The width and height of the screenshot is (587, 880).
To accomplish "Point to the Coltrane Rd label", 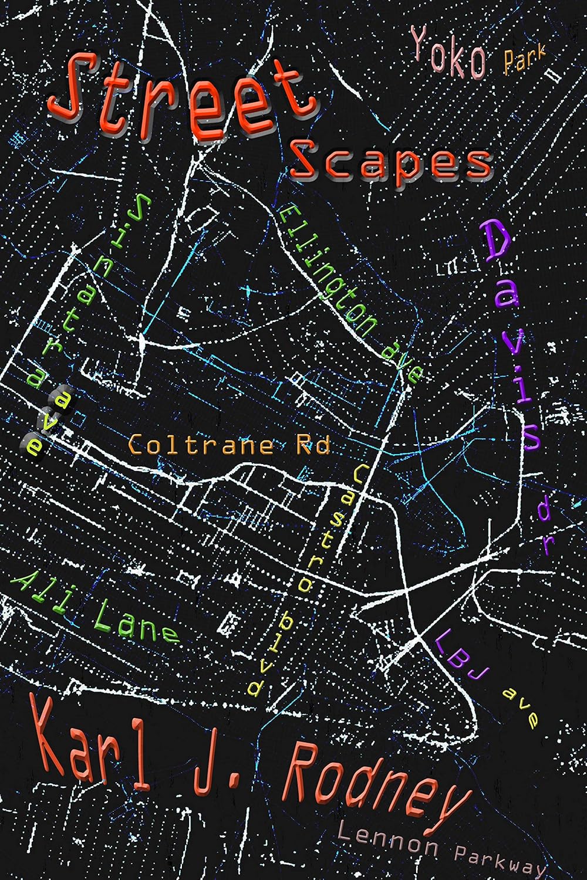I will tap(229, 446).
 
